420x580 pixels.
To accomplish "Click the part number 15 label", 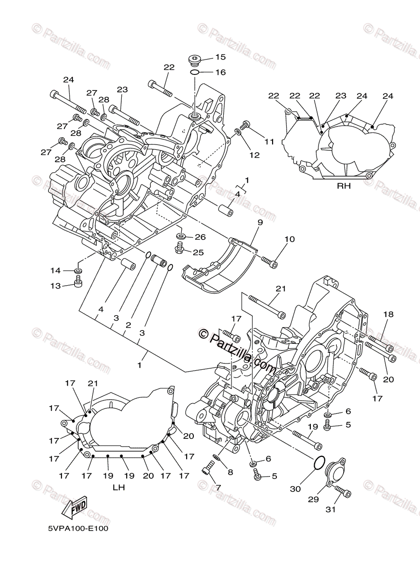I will click(220, 57).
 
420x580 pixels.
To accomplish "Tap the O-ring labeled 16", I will click(194, 72).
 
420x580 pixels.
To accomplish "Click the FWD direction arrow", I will click(76, 507).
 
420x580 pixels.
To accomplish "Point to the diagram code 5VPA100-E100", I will click(78, 529).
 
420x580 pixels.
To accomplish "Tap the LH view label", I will click(119, 488).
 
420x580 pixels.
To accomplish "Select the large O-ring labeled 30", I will click(319, 463).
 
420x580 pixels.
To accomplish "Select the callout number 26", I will click(200, 237).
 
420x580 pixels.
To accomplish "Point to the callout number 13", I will click(56, 286).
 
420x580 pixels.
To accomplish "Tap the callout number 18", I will click(389, 314).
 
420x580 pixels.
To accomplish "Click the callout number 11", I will click(269, 142).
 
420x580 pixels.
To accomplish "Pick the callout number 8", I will click(231, 472).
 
